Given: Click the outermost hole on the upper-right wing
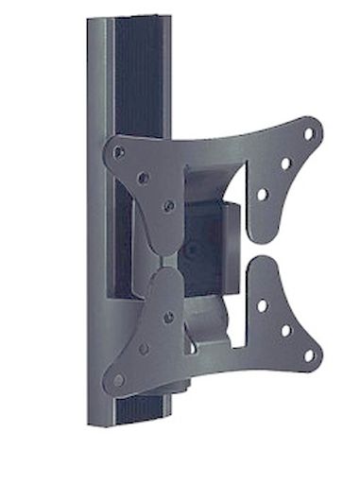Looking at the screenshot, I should tap(308, 134).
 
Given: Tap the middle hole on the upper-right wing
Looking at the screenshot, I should tap(285, 164).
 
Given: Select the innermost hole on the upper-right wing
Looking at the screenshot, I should tap(263, 194).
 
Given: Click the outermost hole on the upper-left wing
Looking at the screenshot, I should tap(118, 151).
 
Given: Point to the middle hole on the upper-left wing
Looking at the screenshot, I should tap(144, 178).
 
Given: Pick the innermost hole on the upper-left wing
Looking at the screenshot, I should tap(169, 205).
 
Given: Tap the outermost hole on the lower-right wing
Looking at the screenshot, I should tap(308, 355).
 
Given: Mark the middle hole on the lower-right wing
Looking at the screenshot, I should tap(284, 330).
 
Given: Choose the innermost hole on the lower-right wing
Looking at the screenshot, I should tap(262, 304).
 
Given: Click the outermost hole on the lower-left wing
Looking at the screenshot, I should tap(118, 379).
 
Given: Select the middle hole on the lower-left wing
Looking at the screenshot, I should tap(144, 349).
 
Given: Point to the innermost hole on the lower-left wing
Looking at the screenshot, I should tap(168, 318).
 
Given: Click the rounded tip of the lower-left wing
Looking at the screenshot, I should tap(112, 386).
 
